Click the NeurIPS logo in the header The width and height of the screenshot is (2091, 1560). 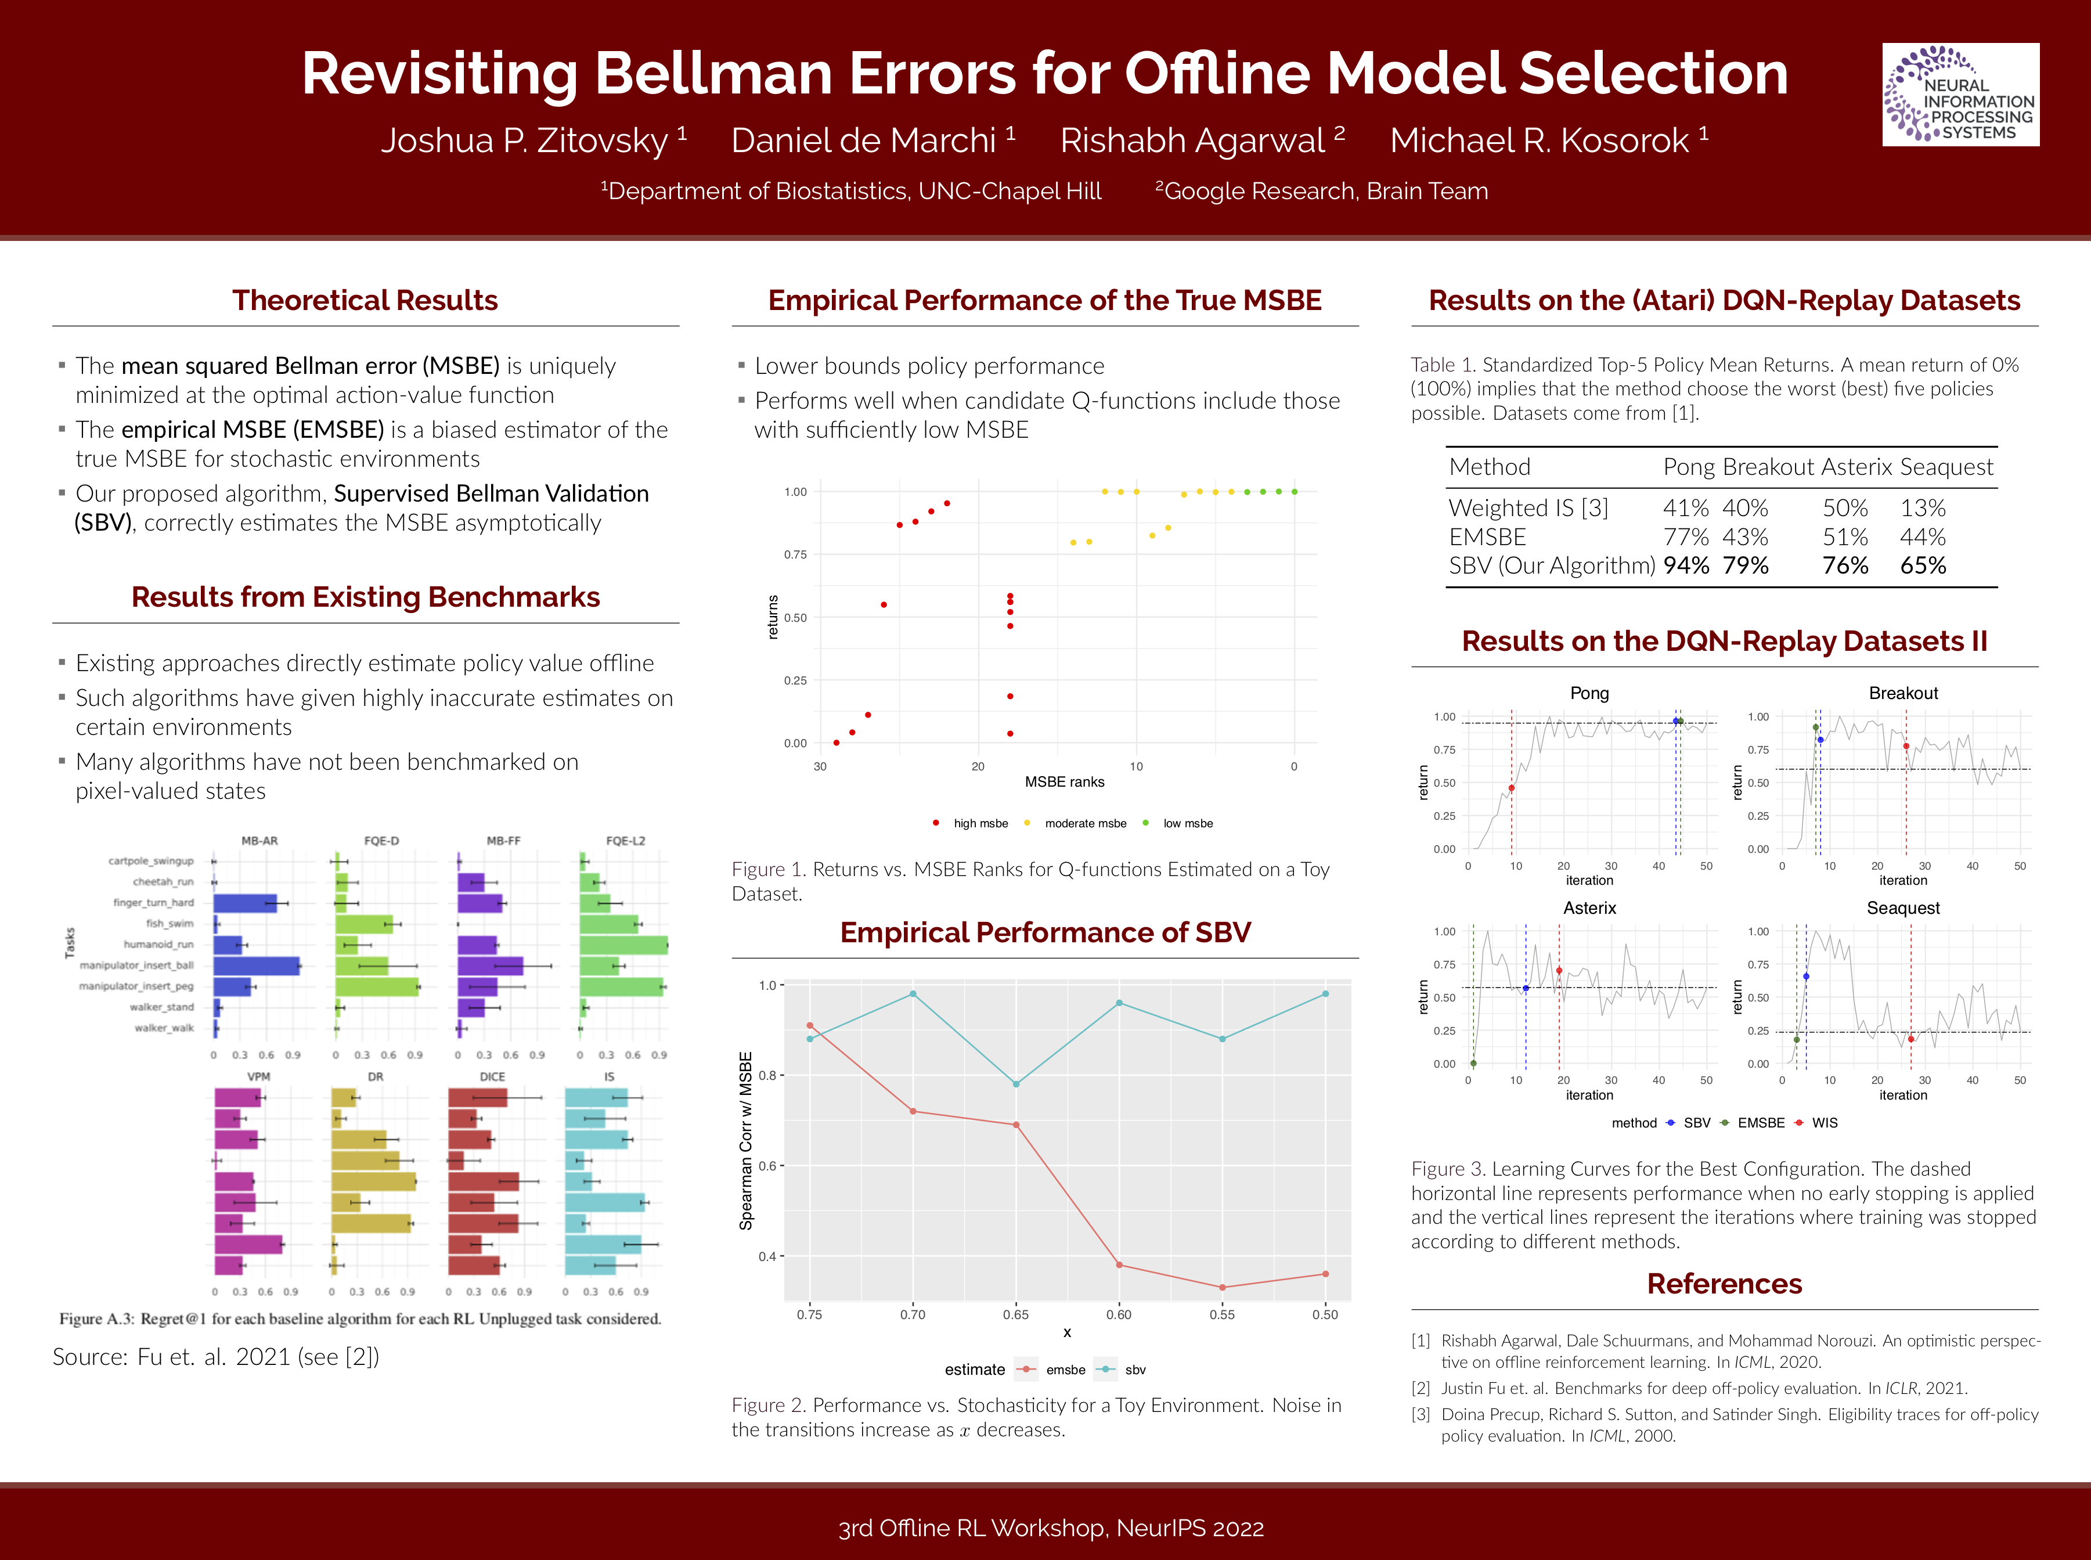pyautogui.click(x=1960, y=95)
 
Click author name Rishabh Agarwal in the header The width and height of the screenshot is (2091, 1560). pyautogui.click(x=1192, y=140)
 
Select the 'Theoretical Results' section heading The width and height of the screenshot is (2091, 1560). pyautogui.click(x=365, y=300)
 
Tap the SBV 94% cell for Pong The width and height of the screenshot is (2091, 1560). pyautogui.click(x=1685, y=565)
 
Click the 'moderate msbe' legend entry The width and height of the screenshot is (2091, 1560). pyautogui.click(x=1084, y=823)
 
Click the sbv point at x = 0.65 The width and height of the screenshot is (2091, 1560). pyautogui.click(x=1016, y=1084)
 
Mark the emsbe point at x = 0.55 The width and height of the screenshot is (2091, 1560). pyautogui.click(x=1223, y=1287)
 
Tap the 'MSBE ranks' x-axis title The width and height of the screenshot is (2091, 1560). pyautogui.click(x=1064, y=782)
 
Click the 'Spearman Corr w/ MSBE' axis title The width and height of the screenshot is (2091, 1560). pyautogui.click(x=746, y=1141)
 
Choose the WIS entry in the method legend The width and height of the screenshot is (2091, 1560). pyautogui.click(x=1824, y=1123)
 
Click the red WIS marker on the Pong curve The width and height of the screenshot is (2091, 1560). pyautogui.click(x=1512, y=788)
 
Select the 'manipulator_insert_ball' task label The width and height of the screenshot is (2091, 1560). pyautogui.click(x=137, y=965)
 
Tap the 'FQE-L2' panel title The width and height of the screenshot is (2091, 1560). pyautogui.click(x=625, y=841)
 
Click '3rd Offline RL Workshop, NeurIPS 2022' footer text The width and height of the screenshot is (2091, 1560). pyautogui.click(x=1051, y=1528)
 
